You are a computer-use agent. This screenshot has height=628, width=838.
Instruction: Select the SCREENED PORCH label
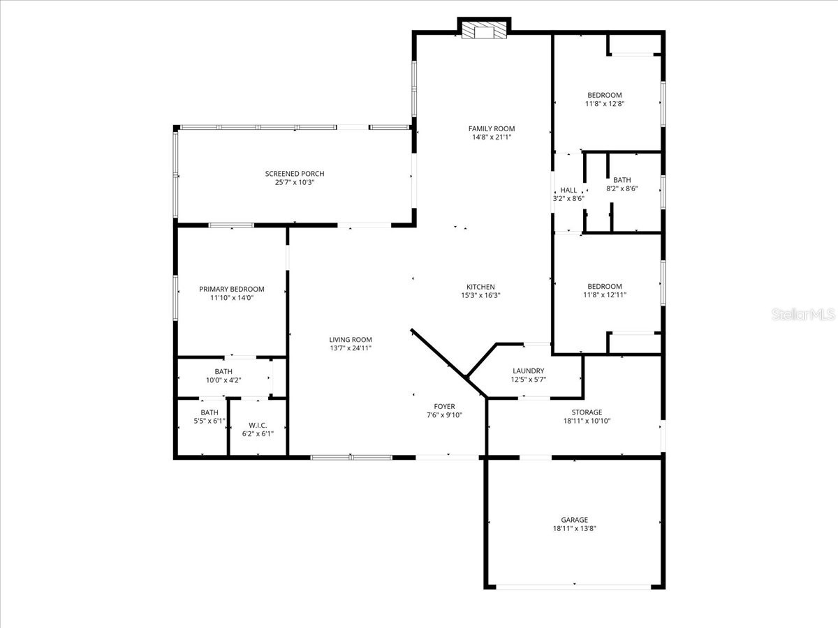coord(294,174)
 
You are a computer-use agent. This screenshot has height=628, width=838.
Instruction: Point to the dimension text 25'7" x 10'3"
coord(294,183)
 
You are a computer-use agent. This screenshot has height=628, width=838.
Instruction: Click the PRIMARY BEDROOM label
coord(231,289)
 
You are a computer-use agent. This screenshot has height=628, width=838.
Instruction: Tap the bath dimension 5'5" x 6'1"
coord(209,421)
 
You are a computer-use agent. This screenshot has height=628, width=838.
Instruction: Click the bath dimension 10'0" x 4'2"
coord(223,380)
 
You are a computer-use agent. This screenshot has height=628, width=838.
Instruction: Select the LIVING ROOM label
coord(351,340)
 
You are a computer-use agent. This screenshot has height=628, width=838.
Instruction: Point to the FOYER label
coord(444,406)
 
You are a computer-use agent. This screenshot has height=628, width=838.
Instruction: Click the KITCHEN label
coord(480,287)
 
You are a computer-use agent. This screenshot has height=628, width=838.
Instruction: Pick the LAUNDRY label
coord(528,371)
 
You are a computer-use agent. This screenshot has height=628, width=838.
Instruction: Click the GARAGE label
coord(574,520)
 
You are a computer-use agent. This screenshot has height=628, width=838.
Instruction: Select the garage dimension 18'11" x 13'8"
coord(574,529)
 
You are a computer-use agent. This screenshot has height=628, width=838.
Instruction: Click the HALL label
coord(568,190)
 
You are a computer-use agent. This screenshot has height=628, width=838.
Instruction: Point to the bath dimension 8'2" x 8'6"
coord(622,188)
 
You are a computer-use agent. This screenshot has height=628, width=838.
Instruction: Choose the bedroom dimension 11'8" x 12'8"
coord(604,104)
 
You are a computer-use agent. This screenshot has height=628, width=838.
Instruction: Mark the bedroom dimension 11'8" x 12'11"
coord(604,295)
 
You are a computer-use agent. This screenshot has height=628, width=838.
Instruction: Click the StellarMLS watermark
coord(802,315)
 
